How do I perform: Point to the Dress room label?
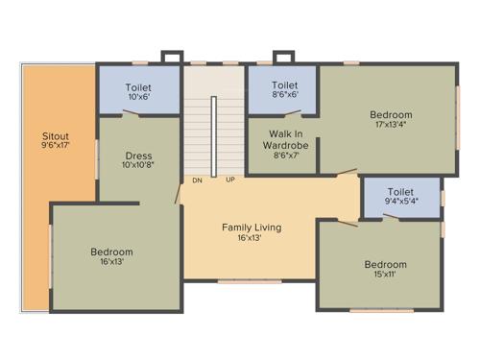138,156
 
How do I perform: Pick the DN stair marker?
197,180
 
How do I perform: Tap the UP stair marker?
230,180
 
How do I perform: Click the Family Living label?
252,228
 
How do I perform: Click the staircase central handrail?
213,134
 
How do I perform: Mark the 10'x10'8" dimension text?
138,166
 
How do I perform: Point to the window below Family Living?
250,281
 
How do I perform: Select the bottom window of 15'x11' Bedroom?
381,310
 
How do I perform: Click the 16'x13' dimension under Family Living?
252,238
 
